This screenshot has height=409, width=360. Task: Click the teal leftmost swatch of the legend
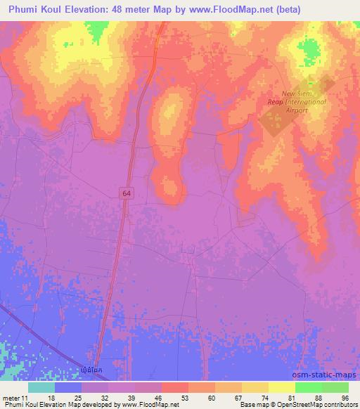coord(41,387)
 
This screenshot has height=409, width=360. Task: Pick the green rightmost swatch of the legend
coord(335,387)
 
